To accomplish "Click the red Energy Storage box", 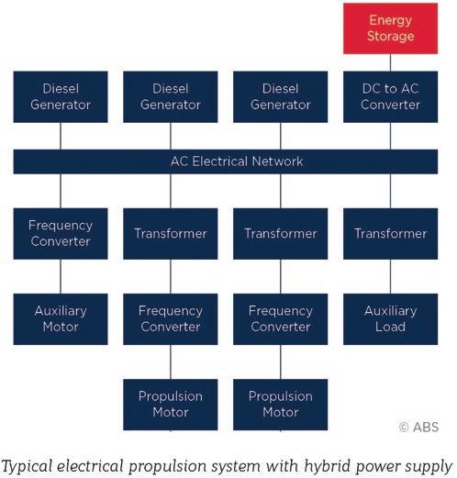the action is [390, 28].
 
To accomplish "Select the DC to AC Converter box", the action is [390, 97].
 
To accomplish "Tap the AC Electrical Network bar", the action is [226, 161].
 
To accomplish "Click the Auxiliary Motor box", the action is [61, 319].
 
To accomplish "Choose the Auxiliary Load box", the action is [390, 319].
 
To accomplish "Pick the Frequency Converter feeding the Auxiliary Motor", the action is [61, 234].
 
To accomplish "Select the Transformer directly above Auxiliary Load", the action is [390, 234].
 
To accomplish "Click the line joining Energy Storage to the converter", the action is [390, 62].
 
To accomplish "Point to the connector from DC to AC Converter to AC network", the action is [390, 136].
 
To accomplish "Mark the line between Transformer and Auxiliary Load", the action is [390, 276].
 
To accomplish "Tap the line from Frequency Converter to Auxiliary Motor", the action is [61, 276].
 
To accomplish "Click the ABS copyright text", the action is [419, 427].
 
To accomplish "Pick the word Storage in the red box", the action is [391, 36].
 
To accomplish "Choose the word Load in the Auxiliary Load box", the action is [390, 327].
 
